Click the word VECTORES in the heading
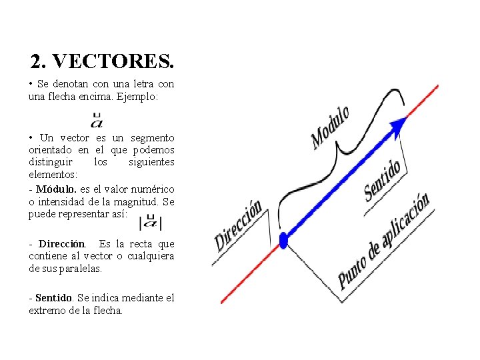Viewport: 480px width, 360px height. pyautogui.click(x=113, y=62)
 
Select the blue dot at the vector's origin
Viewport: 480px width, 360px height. pyautogui.click(x=283, y=240)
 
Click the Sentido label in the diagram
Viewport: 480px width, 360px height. pyautogui.click(x=383, y=179)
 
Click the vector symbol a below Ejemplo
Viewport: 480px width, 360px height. pyautogui.click(x=97, y=121)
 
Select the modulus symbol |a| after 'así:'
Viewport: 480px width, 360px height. pyautogui.click(x=151, y=222)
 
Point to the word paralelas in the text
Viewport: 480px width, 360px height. pyautogui.click(x=81, y=268)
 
